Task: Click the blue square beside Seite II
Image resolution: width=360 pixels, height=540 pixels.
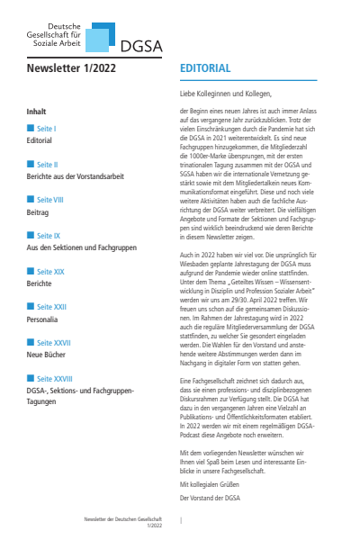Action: pyautogui.click(x=31, y=166)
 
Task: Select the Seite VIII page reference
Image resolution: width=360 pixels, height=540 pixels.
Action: pyautogui.click(x=50, y=201)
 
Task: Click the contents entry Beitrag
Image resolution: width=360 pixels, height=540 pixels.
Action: pyautogui.click(x=40, y=212)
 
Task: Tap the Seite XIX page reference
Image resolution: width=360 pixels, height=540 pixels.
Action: pyautogui.click(x=49, y=271)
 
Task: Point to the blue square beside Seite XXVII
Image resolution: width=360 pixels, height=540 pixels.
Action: pyautogui.click(x=31, y=342)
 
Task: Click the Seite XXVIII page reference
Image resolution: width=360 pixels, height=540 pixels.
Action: pyautogui.click(x=53, y=377)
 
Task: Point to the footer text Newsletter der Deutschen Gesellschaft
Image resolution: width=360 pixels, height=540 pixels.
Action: pyautogui.click(x=121, y=520)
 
